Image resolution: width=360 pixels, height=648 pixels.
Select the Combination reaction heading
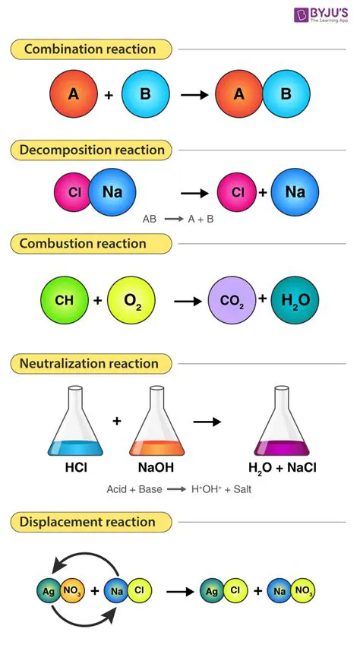tap(90, 49)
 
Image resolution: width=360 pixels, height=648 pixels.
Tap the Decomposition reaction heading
tap(92, 150)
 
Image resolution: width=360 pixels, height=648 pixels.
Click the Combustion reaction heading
tap(83, 244)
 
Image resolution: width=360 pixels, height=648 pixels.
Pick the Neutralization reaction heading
tap(89, 364)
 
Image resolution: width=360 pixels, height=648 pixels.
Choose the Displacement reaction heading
tap(87, 522)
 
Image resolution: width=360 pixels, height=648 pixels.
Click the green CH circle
tap(64, 300)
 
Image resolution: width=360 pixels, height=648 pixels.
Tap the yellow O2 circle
tap(131, 300)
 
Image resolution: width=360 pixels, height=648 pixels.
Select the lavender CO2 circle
tap(232, 300)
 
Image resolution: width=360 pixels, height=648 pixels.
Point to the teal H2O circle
tap(295, 300)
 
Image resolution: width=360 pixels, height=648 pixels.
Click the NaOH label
tap(157, 467)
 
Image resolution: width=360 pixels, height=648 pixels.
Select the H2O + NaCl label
tap(282, 467)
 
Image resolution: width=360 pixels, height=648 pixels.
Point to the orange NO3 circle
tap(72, 590)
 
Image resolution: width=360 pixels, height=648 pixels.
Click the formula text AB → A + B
tap(178, 219)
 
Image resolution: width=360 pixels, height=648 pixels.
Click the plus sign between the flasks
tap(116, 419)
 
